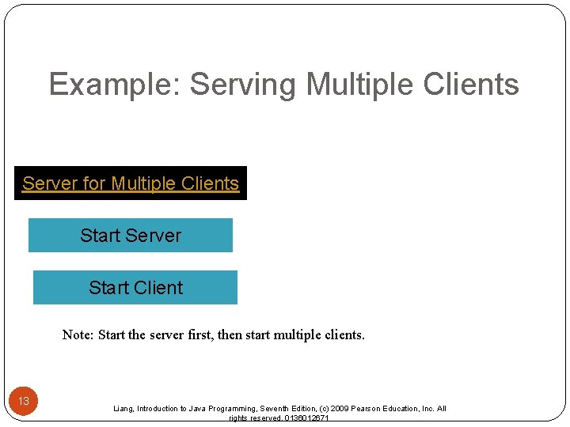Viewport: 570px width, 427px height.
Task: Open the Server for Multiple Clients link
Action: click(131, 183)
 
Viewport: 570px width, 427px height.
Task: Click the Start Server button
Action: click(131, 236)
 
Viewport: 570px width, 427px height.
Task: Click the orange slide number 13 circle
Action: click(24, 401)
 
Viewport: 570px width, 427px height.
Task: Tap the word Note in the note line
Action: click(77, 334)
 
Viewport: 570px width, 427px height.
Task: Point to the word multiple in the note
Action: click(298, 334)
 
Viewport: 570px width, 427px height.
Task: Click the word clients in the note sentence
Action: click(346, 334)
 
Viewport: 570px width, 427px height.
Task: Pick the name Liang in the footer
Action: click(123, 409)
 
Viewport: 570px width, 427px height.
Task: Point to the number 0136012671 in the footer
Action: click(301, 418)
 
